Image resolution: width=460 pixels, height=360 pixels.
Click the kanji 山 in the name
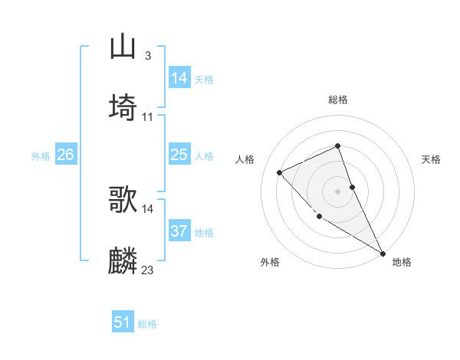point(123,47)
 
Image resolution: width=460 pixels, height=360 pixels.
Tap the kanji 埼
point(123,107)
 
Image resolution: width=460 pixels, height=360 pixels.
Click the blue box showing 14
point(179,78)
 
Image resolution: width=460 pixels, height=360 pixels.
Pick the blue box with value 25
point(179,155)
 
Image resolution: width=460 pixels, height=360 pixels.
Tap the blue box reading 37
point(179,231)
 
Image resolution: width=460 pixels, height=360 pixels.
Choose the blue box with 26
point(65,155)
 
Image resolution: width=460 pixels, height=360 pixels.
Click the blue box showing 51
point(123,322)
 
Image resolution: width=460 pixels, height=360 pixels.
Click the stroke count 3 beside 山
point(147,56)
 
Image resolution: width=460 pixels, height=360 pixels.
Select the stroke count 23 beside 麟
point(148,270)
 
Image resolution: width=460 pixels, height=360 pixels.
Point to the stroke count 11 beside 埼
point(148,117)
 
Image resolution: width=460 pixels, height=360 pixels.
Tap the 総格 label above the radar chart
point(338,100)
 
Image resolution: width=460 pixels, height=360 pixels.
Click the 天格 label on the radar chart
point(432,159)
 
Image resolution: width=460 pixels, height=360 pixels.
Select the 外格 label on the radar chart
point(270,262)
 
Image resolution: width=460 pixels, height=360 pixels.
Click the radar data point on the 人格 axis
point(280,172)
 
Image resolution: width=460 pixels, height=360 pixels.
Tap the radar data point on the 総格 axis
point(338,146)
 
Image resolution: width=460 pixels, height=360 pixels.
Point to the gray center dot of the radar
point(338,191)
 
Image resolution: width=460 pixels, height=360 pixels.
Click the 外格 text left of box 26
point(41,156)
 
